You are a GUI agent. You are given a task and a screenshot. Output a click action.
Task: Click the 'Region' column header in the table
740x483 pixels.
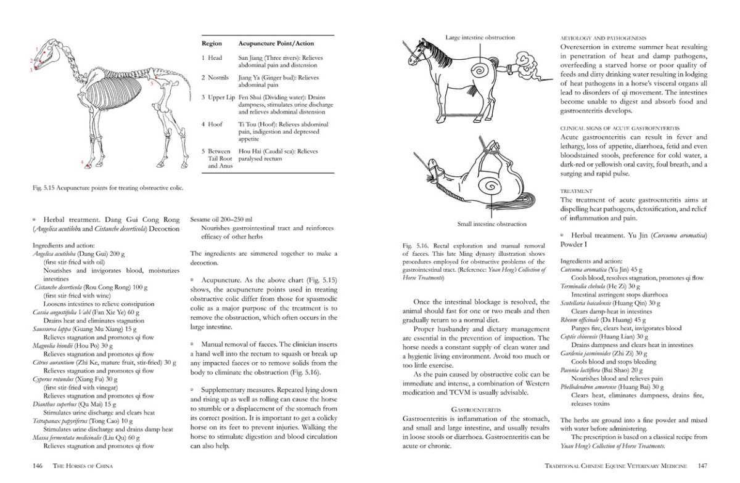(213, 44)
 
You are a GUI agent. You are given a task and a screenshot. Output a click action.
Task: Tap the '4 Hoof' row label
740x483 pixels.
(212, 124)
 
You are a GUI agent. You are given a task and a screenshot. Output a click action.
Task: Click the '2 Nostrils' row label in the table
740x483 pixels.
(215, 78)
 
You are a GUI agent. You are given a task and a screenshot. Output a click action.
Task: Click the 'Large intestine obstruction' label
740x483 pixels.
(480, 38)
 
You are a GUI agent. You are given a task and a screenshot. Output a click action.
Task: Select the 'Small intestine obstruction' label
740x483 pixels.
(492, 224)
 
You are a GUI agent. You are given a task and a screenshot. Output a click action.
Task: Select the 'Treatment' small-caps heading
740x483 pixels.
(576, 191)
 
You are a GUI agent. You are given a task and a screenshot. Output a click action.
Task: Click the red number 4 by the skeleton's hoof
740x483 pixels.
(82, 162)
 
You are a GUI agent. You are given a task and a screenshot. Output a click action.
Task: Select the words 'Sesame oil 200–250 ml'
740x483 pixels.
(223, 219)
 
